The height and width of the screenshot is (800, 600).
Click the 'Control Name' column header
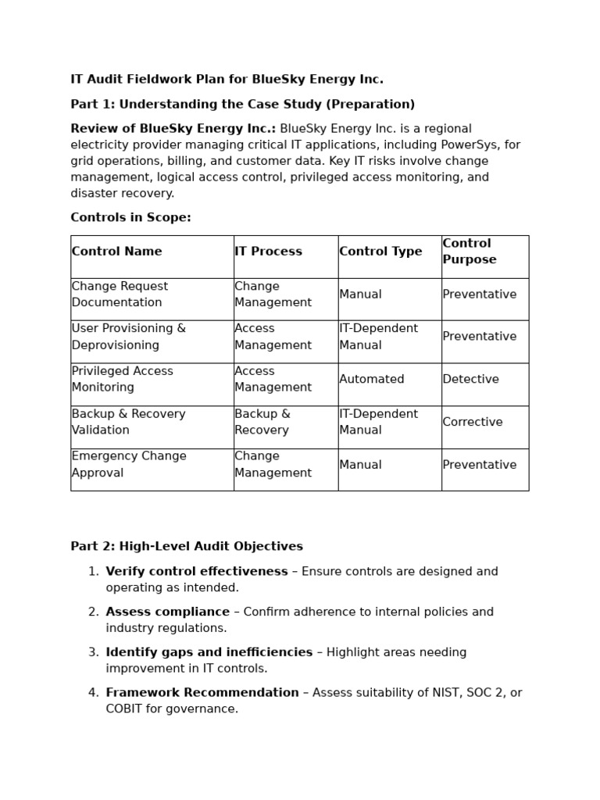(x=117, y=252)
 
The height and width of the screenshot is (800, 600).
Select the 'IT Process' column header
(x=268, y=252)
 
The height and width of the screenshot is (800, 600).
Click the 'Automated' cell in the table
(x=372, y=380)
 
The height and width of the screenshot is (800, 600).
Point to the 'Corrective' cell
(x=473, y=422)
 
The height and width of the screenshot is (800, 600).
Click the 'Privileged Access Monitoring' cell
(x=123, y=380)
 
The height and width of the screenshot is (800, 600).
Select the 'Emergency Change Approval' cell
(x=129, y=465)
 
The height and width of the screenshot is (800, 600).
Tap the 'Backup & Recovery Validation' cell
(x=129, y=422)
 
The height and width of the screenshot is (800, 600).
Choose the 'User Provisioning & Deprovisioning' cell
(x=129, y=337)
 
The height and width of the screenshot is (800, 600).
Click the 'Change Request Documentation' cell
(x=120, y=295)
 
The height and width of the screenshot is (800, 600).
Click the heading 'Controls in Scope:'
(x=130, y=218)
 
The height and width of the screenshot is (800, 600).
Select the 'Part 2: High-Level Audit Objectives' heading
(x=187, y=547)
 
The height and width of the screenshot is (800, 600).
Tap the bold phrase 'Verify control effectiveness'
(x=197, y=572)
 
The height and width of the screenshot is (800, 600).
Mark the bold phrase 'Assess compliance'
(x=168, y=612)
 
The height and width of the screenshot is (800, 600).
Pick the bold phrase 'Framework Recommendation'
(x=202, y=693)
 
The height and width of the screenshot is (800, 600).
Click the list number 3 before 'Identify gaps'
(x=93, y=652)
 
